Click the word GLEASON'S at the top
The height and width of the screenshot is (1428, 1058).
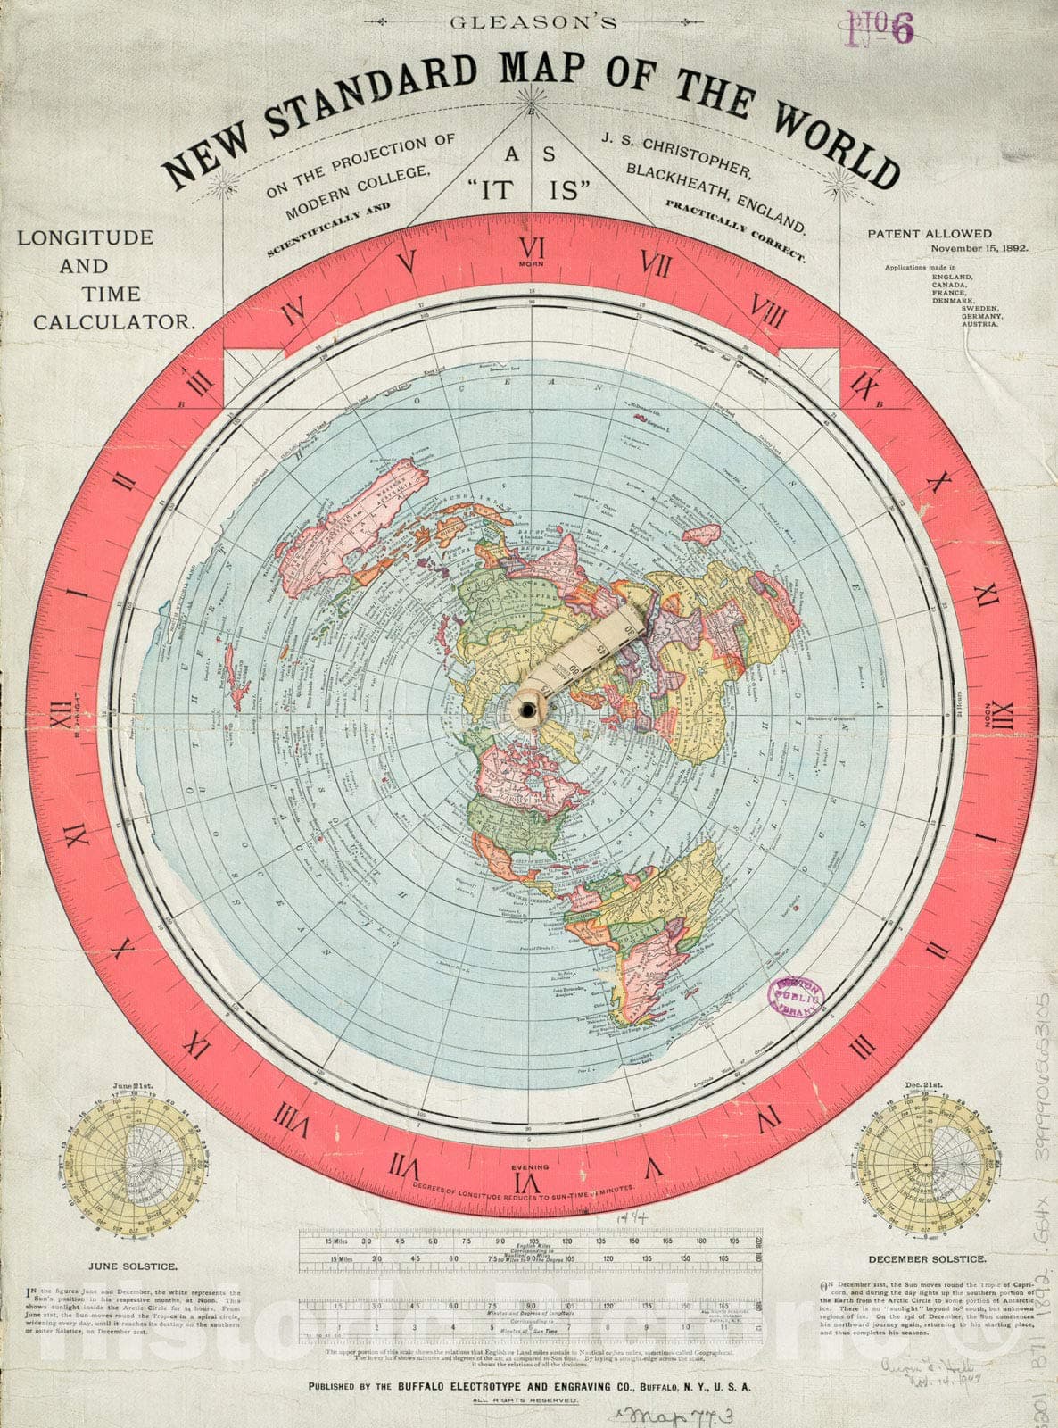tap(533, 23)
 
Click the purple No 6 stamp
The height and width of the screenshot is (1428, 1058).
tap(883, 29)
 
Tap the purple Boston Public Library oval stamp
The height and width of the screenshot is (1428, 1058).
tap(793, 996)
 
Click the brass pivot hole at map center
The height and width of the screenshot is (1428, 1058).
tap(529, 709)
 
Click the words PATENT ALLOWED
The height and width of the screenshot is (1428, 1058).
tap(930, 234)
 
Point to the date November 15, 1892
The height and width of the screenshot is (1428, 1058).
tap(977, 249)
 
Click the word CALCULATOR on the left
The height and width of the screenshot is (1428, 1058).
tap(113, 322)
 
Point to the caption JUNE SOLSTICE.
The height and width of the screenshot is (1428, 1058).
tap(131, 1266)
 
